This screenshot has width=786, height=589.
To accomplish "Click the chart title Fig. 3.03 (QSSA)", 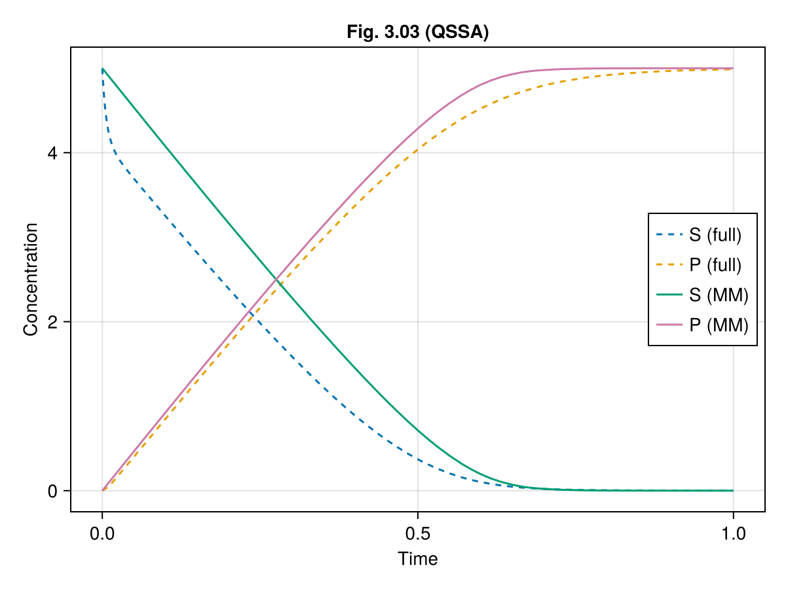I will point(418,33).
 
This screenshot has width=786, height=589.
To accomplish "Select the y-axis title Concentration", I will point(30,279).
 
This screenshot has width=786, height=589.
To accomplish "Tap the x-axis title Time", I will point(418,558).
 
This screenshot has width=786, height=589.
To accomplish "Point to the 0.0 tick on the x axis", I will point(102,533).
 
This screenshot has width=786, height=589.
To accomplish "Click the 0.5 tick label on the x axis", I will point(418,533).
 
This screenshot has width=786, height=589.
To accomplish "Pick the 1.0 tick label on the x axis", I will point(733,533).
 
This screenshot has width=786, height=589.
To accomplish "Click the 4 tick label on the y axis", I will point(52,153).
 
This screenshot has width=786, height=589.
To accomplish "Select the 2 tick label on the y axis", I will point(52,322).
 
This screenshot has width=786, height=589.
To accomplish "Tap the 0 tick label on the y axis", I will point(52,491).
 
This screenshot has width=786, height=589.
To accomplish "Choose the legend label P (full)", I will point(715,265).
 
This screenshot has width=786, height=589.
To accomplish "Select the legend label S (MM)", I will point(718,295).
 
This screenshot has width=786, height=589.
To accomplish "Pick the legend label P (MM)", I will point(718,325).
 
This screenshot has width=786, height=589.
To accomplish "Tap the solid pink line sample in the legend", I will point(669,325).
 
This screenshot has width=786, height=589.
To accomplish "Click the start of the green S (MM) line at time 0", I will point(103,69).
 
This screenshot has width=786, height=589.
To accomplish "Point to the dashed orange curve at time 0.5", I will point(418,150).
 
